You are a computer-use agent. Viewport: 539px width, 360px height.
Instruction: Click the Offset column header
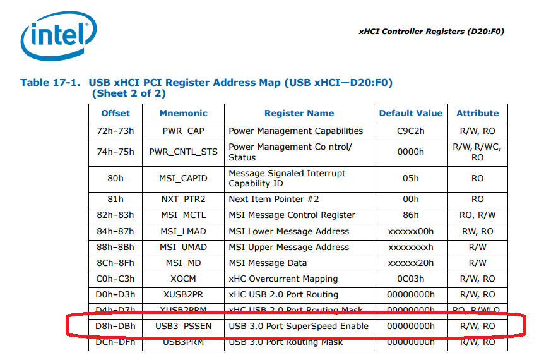[x=115, y=114]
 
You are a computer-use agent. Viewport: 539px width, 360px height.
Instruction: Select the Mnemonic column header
[x=183, y=114]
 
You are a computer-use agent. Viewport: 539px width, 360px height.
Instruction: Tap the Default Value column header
[x=411, y=114]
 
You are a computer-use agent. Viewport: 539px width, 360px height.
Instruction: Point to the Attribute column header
[x=477, y=114]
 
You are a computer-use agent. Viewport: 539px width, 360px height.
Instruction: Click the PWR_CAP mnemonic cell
[x=183, y=131]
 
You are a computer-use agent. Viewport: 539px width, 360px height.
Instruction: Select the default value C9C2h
[x=411, y=131]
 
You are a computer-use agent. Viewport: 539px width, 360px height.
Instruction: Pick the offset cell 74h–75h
[x=115, y=152]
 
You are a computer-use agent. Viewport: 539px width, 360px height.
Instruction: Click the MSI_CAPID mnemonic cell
[x=183, y=178]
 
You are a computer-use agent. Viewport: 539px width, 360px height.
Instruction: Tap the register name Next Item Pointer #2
[x=274, y=199]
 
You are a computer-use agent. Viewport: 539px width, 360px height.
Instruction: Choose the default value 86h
[x=411, y=215]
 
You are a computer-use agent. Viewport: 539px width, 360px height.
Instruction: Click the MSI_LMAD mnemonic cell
[x=183, y=231]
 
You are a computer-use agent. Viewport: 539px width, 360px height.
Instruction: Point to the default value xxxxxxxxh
[x=411, y=247]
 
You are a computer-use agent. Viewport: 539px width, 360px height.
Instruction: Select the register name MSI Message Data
[x=268, y=263]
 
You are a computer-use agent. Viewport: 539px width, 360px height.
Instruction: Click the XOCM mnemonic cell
[x=183, y=279]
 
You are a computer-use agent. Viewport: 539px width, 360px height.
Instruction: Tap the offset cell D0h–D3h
[x=115, y=294]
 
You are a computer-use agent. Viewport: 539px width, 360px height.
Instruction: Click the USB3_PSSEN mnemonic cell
[x=183, y=326]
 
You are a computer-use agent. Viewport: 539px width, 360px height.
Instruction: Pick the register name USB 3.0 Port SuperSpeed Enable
[x=299, y=326]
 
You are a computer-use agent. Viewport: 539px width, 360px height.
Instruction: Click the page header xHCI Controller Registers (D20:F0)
[x=431, y=32]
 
